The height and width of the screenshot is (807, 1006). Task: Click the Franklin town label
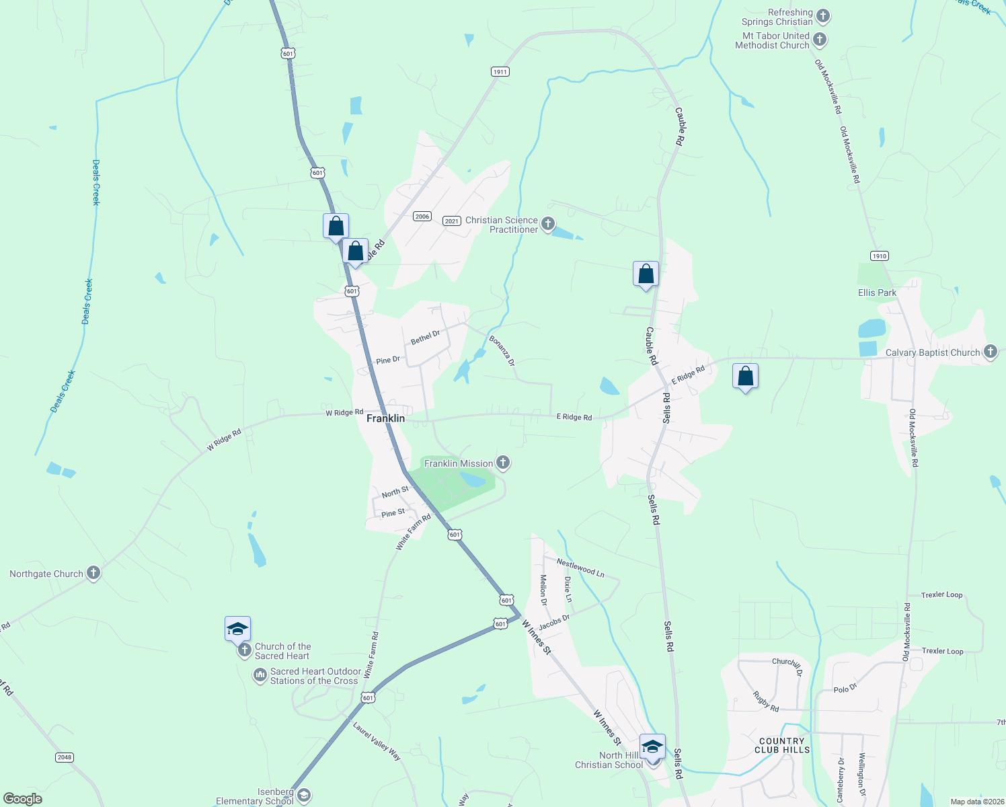coord(385,418)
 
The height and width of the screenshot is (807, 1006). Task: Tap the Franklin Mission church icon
coord(502,463)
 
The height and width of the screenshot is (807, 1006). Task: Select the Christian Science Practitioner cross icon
coord(548,223)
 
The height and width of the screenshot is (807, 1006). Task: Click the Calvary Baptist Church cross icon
coord(990,352)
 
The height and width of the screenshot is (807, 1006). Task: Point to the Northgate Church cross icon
coord(93,573)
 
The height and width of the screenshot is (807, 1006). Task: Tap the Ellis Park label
coord(877,293)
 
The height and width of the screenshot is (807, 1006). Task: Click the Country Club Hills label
coord(781,745)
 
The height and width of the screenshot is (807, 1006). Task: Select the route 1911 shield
coord(500,71)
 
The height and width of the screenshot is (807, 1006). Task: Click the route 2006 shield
coord(422,216)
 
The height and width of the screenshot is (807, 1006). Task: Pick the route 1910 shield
coord(879,256)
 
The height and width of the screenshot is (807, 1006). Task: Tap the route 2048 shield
coord(64,757)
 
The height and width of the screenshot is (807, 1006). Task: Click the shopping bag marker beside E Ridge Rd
coord(745,377)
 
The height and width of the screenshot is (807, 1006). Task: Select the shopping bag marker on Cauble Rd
coord(646,274)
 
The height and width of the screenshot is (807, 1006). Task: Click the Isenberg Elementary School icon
coord(303,796)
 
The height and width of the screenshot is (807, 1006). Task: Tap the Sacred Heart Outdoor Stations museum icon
coord(260,675)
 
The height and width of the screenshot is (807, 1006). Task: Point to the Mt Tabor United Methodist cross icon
coord(819,40)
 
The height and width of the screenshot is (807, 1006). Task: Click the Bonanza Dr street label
coord(502,350)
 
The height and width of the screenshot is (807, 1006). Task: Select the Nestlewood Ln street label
coord(580,569)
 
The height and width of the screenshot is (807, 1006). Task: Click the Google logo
coord(23,799)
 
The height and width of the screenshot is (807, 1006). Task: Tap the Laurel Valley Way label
coord(377,741)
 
